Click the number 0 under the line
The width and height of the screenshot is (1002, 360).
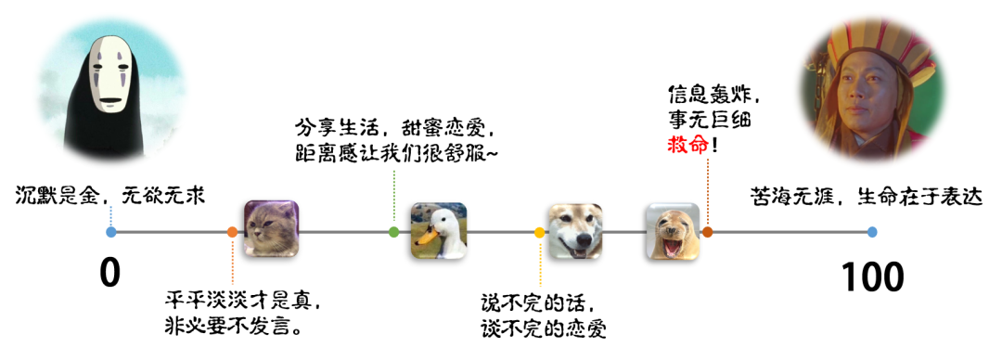click(x=110, y=273)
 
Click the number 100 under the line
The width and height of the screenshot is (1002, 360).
click(x=872, y=276)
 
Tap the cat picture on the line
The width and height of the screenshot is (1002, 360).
click(x=271, y=229)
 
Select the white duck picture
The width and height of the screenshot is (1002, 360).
click(x=438, y=231)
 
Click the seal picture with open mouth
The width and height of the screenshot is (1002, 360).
click(x=673, y=231)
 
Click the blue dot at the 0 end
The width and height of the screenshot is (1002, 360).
click(x=110, y=231)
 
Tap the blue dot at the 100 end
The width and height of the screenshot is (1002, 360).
click(x=871, y=231)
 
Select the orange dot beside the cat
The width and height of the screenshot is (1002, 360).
click(x=232, y=231)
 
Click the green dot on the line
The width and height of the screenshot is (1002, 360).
click(x=393, y=231)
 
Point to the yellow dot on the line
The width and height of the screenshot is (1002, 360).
click(x=539, y=231)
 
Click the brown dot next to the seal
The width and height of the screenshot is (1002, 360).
click(x=707, y=231)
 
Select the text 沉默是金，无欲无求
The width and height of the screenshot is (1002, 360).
click(x=109, y=196)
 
